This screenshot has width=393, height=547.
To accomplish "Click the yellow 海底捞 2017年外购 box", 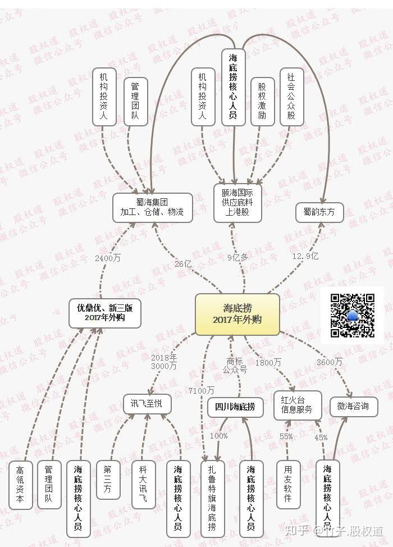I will click(237, 314).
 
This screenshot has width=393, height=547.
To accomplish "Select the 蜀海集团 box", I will click(152, 207).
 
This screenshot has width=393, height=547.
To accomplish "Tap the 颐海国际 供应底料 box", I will click(237, 202).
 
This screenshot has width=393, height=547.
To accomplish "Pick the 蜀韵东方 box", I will click(319, 212).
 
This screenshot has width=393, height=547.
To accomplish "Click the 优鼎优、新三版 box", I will click(105, 312).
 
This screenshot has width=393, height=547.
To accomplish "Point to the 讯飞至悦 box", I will click(147, 404).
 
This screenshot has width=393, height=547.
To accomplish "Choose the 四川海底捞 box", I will click(235, 407).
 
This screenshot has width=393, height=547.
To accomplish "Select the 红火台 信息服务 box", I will click(297, 405).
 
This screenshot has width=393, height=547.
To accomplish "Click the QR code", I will click(352, 315).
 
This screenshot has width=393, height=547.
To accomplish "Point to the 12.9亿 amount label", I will click(305, 256).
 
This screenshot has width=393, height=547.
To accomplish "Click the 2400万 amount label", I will click(108, 258).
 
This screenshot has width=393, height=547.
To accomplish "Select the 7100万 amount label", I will click(202, 390).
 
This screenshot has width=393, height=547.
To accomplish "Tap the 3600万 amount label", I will click(329, 362).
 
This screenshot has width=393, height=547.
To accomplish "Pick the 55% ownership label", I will click(286, 436).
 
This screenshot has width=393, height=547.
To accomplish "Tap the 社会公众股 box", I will click(291, 96).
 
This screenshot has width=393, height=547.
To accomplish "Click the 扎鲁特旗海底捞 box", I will click(212, 496).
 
